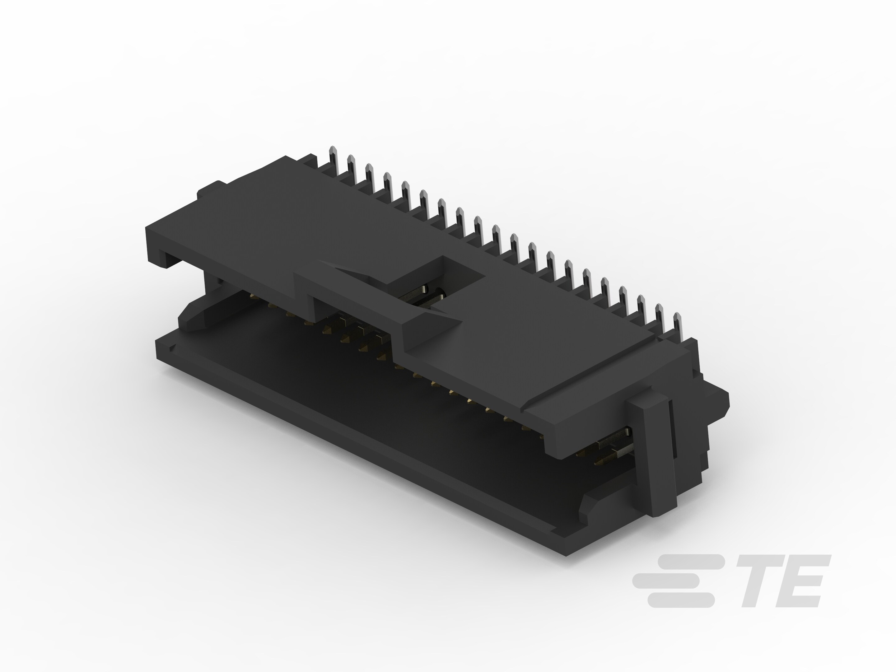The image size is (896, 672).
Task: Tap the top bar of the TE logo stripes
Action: click(x=688, y=562)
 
